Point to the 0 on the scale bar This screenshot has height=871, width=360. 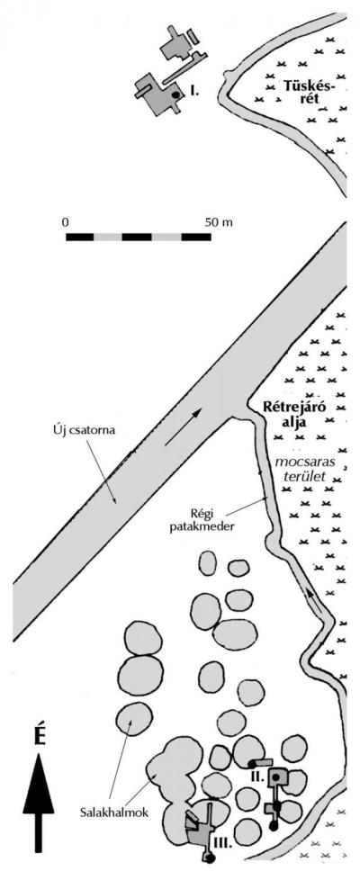pyautogui.click(x=65, y=222)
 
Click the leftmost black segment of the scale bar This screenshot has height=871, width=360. pyautogui.click(x=79, y=237)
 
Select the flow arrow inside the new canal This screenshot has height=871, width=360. pyautogui.click(x=183, y=427)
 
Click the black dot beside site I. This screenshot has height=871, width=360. pyautogui.click(x=175, y=95)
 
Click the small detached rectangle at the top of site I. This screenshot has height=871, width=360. pyautogui.click(x=193, y=37)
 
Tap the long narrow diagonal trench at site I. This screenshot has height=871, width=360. pyautogui.click(x=185, y=67)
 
